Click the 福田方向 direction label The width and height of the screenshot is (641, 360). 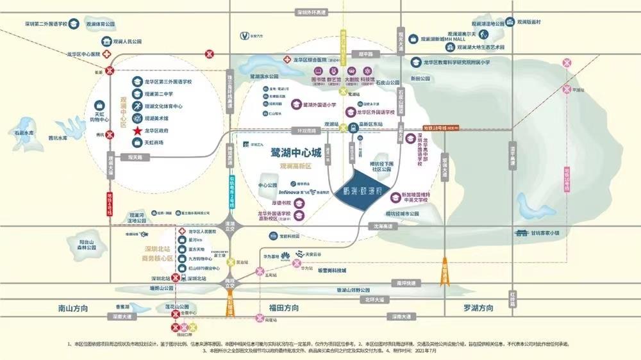281,308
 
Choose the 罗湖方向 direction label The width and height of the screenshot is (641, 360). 479,308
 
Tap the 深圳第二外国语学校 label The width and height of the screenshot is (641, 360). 46,24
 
